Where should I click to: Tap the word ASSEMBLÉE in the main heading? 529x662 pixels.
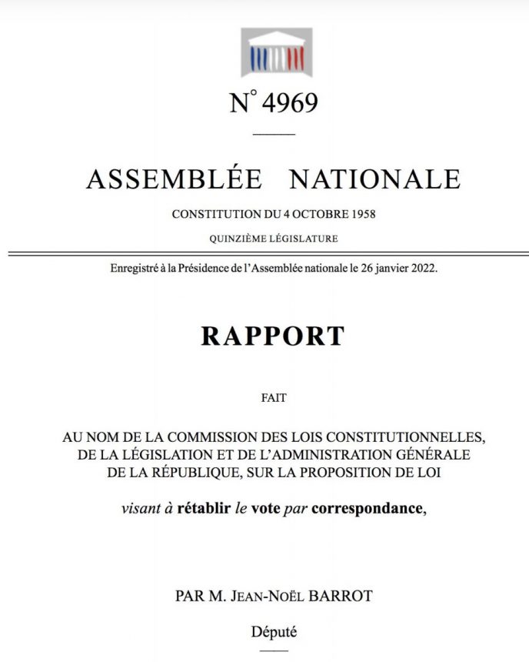[x=174, y=179]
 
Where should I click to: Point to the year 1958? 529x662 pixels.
[x=361, y=214]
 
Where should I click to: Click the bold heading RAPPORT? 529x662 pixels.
[x=273, y=336]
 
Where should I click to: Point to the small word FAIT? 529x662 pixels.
[x=273, y=398]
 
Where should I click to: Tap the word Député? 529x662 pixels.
[x=274, y=633]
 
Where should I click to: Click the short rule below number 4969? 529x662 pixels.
[x=273, y=135]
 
